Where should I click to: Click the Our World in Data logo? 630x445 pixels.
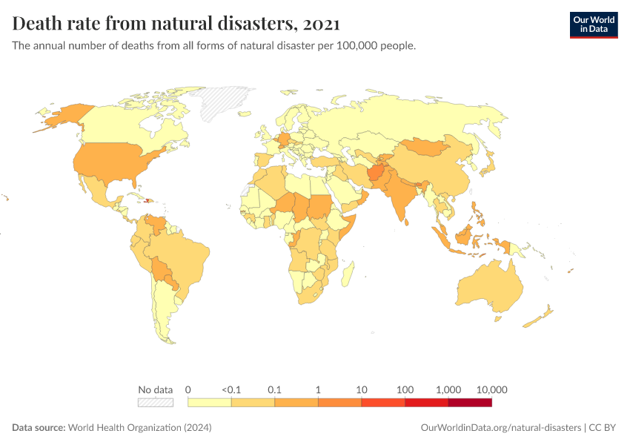(593, 24)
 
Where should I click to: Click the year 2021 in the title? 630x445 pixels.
(322, 24)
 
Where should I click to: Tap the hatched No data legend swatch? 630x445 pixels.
(155, 403)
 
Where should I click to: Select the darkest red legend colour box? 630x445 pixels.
(470, 403)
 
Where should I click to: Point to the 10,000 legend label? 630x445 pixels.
(491, 389)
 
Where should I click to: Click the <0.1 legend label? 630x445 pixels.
(231, 389)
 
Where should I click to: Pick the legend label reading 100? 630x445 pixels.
(405, 389)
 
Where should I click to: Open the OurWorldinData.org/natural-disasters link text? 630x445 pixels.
(500, 428)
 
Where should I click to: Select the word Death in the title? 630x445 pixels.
(38, 24)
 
